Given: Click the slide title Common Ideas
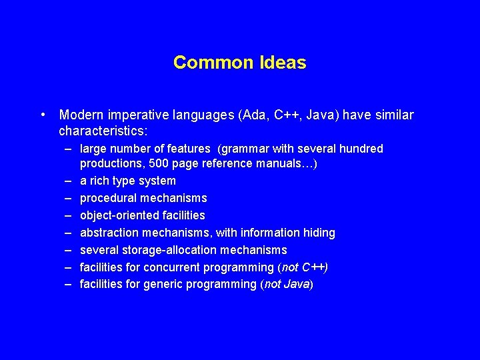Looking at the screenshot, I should click(239, 63).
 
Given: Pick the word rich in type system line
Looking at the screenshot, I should click(101, 181).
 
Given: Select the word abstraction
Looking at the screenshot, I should click(108, 233).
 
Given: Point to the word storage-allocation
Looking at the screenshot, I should click(163, 250).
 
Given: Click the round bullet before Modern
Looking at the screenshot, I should click(43, 115).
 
